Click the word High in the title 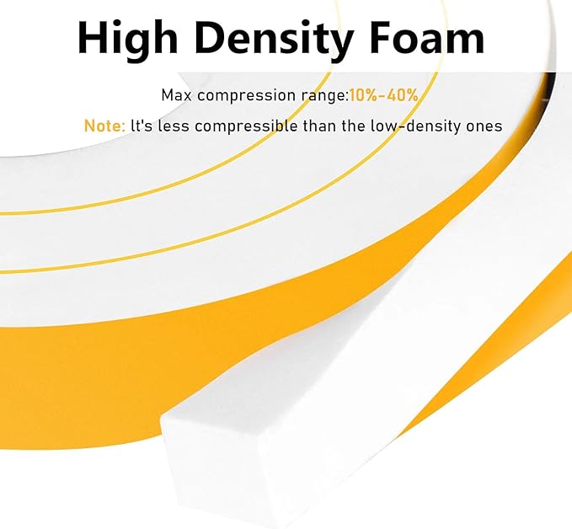127,39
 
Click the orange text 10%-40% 384,95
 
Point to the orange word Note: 104,126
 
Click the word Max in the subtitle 177,95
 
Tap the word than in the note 319,126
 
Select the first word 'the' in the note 354,126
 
